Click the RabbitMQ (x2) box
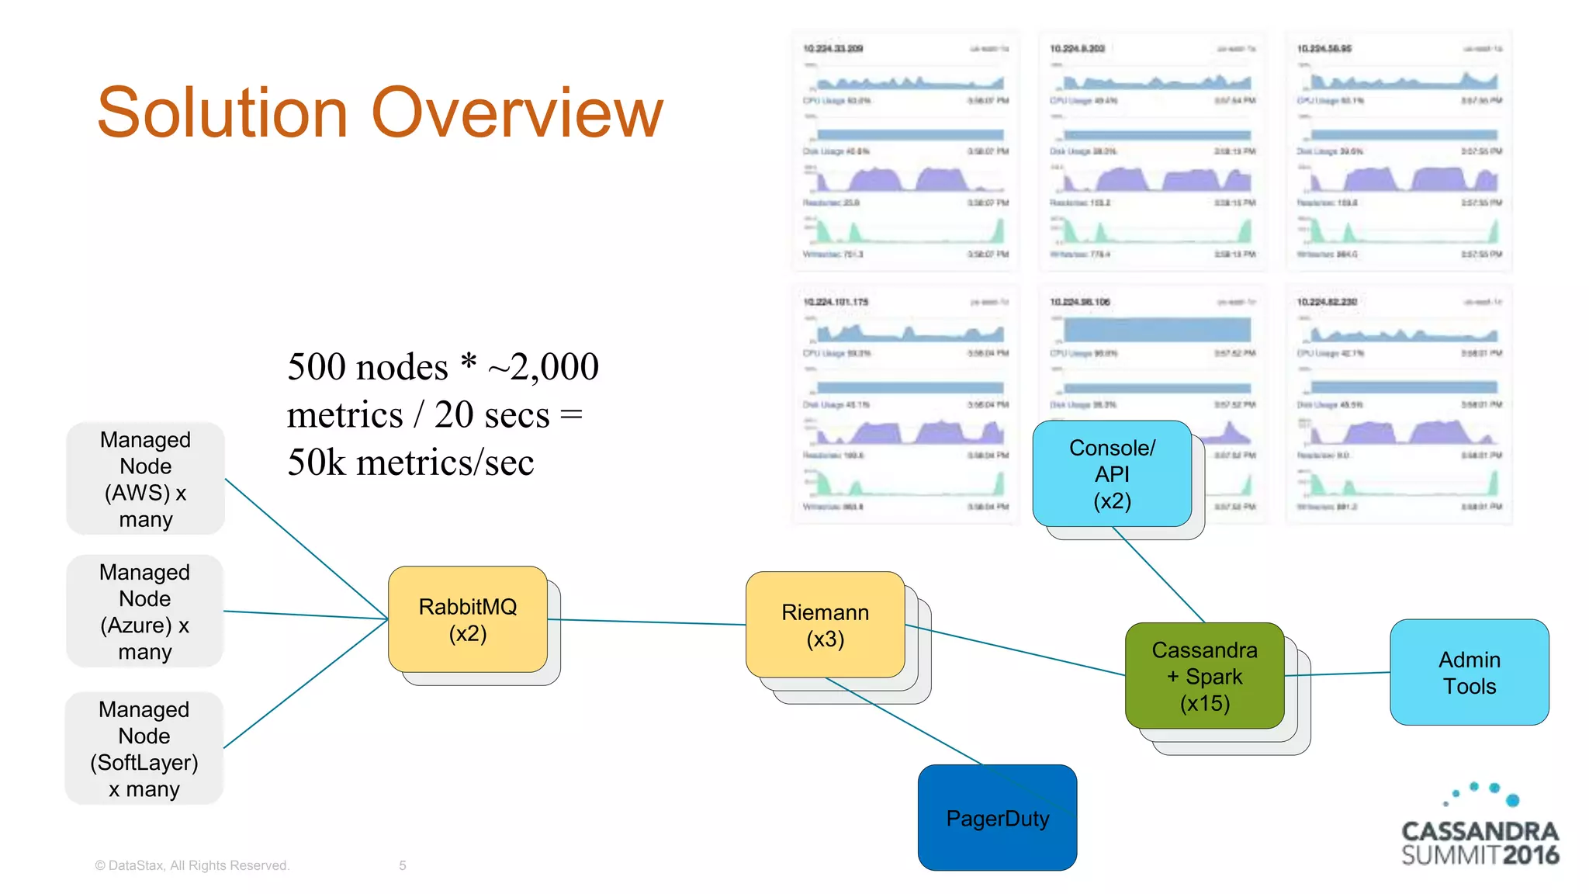coord(467,619)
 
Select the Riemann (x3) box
coord(825,625)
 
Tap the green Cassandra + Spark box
coord(1204,676)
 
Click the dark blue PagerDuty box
coord(997,818)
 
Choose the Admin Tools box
coord(1469,672)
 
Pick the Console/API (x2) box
coord(1112,473)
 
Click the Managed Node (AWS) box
coord(145,479)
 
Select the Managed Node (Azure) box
coord(145,612)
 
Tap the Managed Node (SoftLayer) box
coord(144,748)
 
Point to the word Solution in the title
coord(222,113)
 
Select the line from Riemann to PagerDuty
coord(904,721)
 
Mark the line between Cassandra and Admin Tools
coord(1337,674)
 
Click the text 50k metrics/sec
coord(410,463)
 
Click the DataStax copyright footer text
coord(192,865)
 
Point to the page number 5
coord(403,865)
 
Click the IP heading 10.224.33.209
coord(833,49)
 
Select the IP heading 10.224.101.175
coord(836,302)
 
